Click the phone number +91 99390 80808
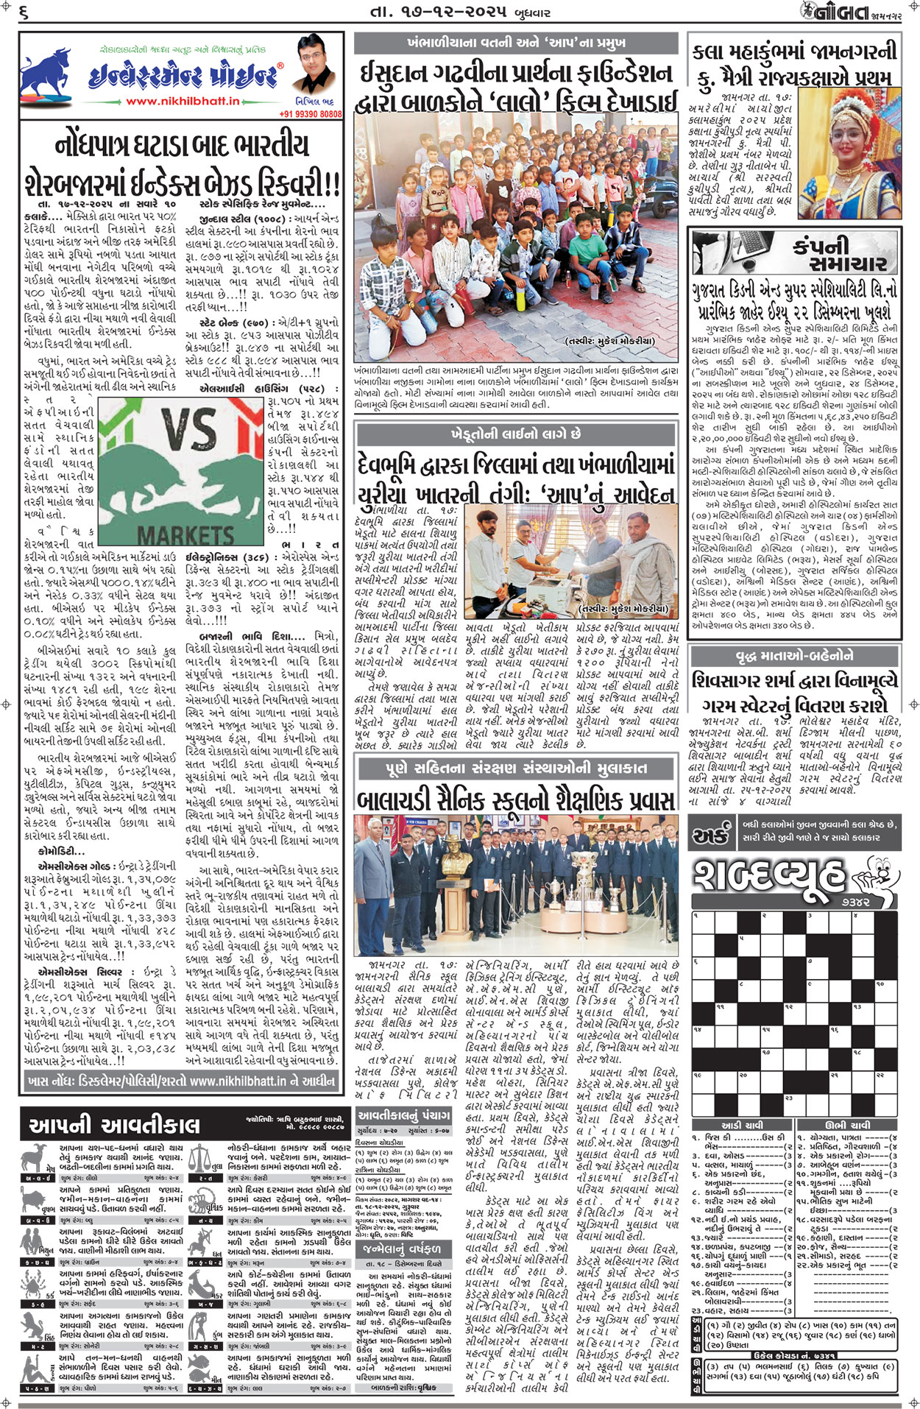[311, 114]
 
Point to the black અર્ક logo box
[711, 837]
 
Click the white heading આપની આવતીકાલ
[115, 1124]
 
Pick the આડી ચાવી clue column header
[742, 1126]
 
